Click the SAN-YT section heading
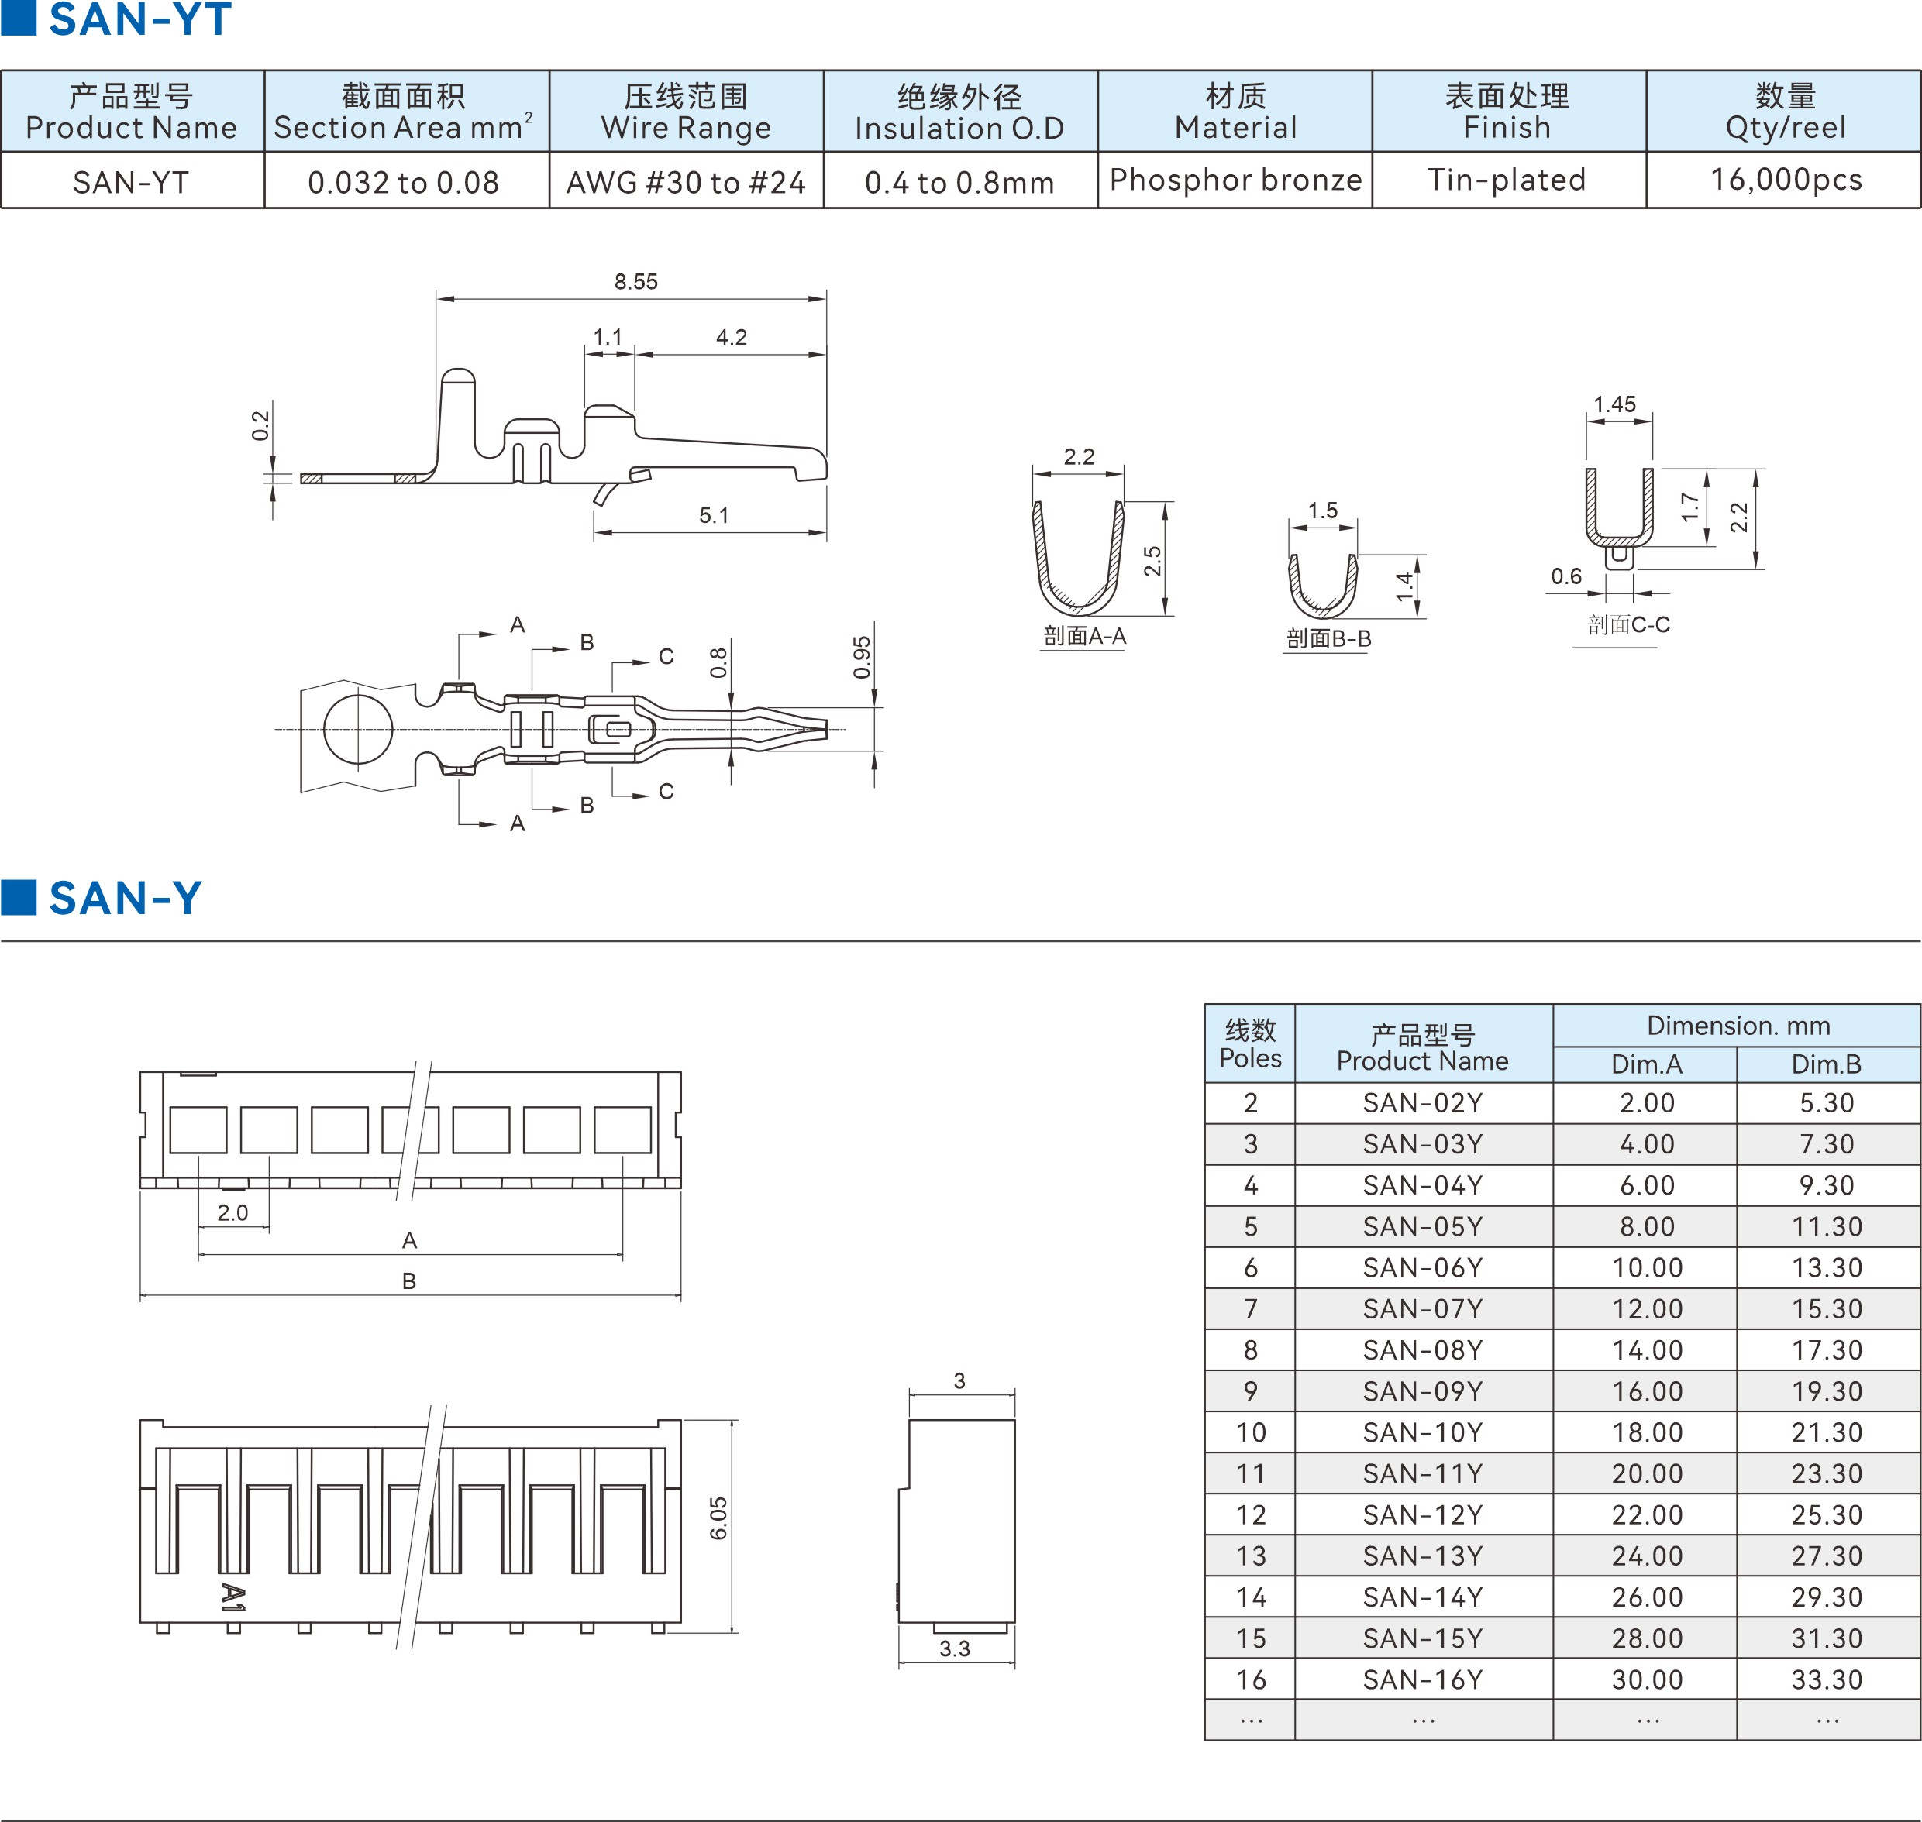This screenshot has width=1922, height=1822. (x=139, y=20)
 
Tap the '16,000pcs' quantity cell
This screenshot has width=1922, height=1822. (x=1785, y=180)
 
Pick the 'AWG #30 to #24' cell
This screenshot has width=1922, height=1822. (x=686, y=183)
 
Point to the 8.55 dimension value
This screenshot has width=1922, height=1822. (x=635, y=282)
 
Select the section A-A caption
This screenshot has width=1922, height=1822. (x=1084, y=636)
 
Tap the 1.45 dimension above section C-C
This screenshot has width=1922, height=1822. (x=1614, y=404)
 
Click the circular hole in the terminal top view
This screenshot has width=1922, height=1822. (x=357, y=730)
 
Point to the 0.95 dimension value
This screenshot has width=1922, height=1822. (x=862, y=658)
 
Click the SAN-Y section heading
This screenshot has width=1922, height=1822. (x=124, y=899)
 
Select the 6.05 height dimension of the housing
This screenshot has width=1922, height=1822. (x=718, y=1518)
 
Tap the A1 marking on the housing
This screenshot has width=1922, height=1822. (x=232, y=1597)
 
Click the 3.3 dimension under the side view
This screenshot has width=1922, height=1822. (x=954, y=1649)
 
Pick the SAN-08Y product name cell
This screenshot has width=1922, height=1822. (x=1423, y=1350)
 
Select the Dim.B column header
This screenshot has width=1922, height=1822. (x=1826, y=1064)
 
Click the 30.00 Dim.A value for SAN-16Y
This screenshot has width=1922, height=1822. (x=1647, y=1680)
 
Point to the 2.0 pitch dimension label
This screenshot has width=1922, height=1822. (x=232, y=1213)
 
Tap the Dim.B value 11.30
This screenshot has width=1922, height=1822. (x=1826, y=1226)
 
